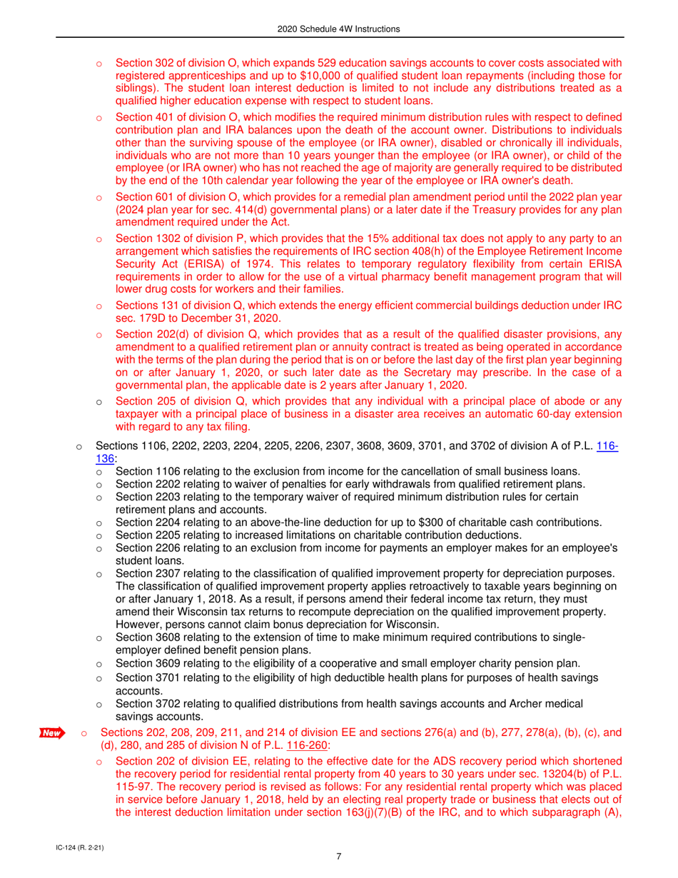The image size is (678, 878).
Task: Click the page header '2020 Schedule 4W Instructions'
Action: pos(339,29)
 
